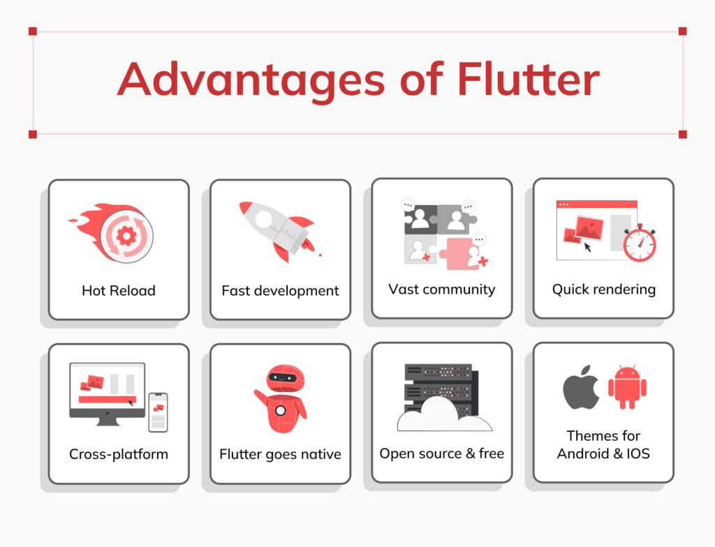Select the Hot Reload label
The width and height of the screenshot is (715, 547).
click(118, 290)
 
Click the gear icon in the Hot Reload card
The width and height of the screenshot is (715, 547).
click(126, 235)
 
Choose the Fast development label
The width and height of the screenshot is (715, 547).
click(280, 290)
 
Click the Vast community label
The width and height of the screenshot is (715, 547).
click(441, 289)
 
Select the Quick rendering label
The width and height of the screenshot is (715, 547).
click(603, 289)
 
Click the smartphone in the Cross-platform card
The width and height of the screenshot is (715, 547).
click(158, 412)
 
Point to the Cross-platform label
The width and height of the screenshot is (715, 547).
click(119, 454)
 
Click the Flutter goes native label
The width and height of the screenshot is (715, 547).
click(280, 454)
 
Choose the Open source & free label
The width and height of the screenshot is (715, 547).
click(441, 454)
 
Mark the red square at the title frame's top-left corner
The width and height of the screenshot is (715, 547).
click(33, 31)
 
